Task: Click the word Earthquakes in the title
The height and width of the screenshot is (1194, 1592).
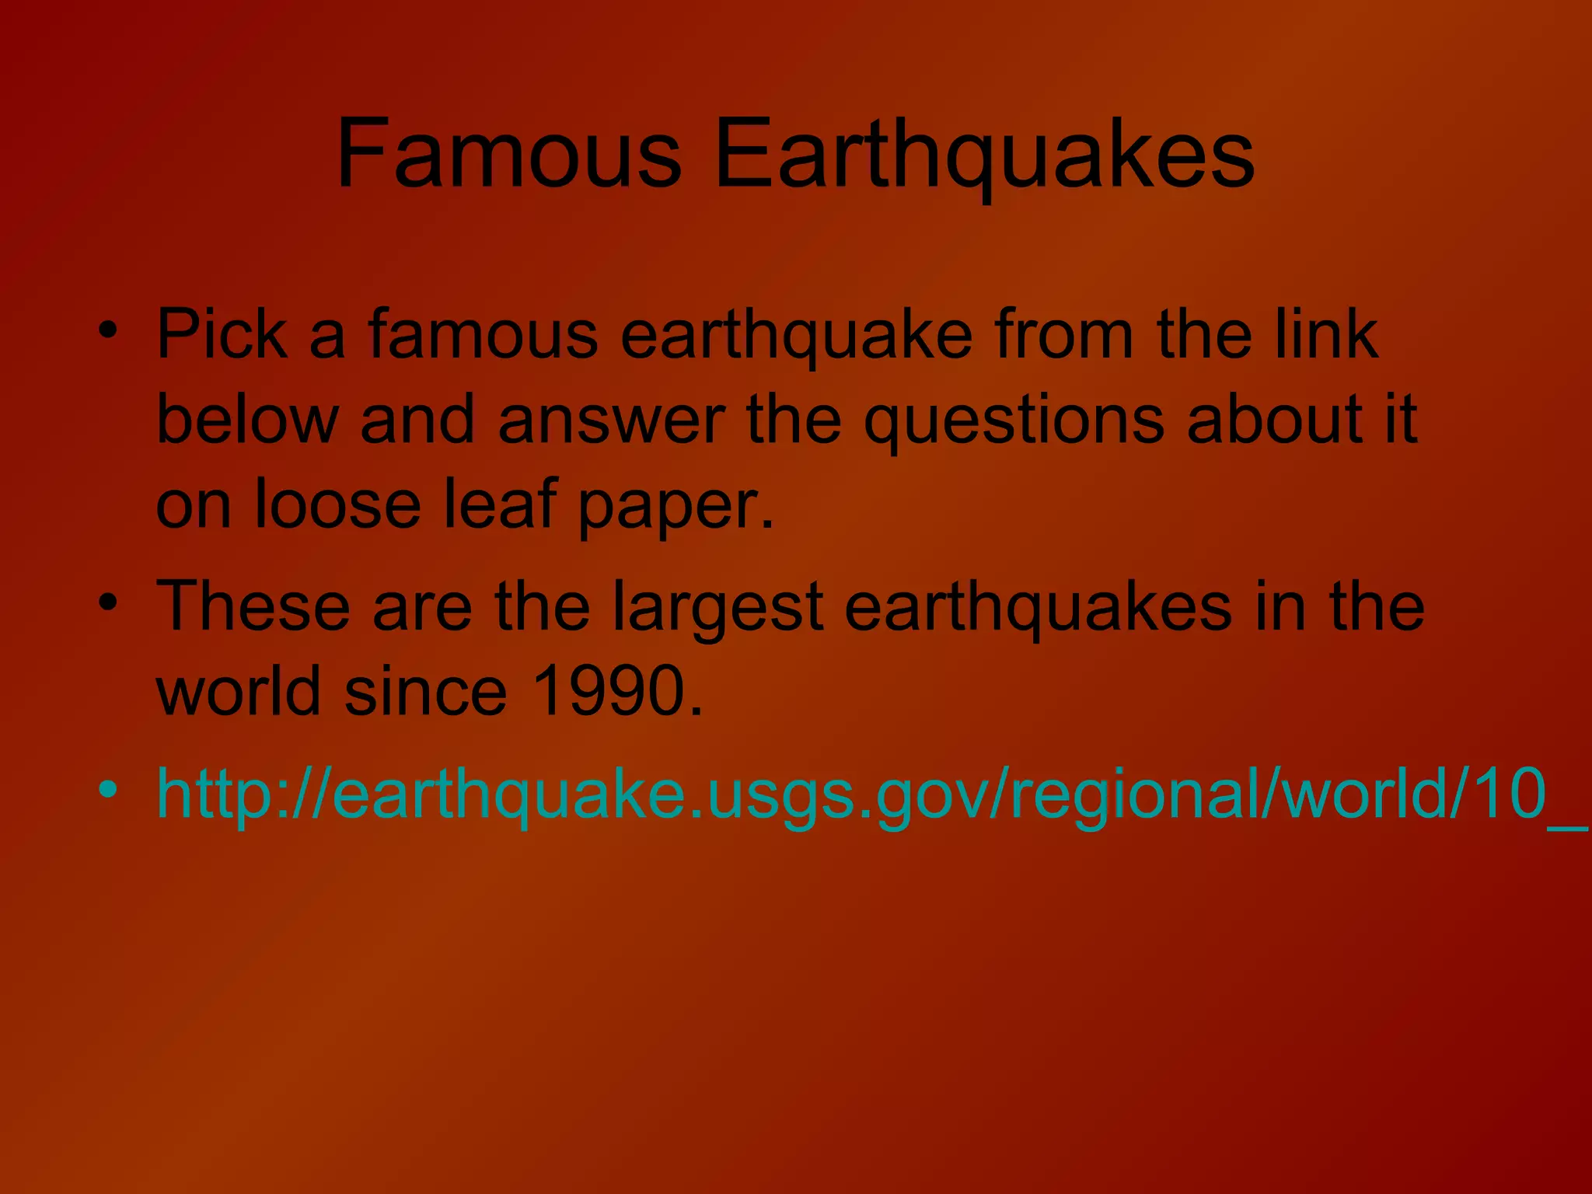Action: tap(983, 155)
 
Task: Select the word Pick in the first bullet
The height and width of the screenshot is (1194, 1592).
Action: tap(222, 335)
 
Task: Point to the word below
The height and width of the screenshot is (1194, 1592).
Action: tap(247, 420)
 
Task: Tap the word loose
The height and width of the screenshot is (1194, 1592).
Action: tap(337, 504)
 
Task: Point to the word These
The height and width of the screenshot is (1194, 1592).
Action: tap(253, 606)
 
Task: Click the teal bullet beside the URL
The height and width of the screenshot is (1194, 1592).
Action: tap(109, 788)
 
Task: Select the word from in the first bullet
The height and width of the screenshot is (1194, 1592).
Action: tap(1063, 335)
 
